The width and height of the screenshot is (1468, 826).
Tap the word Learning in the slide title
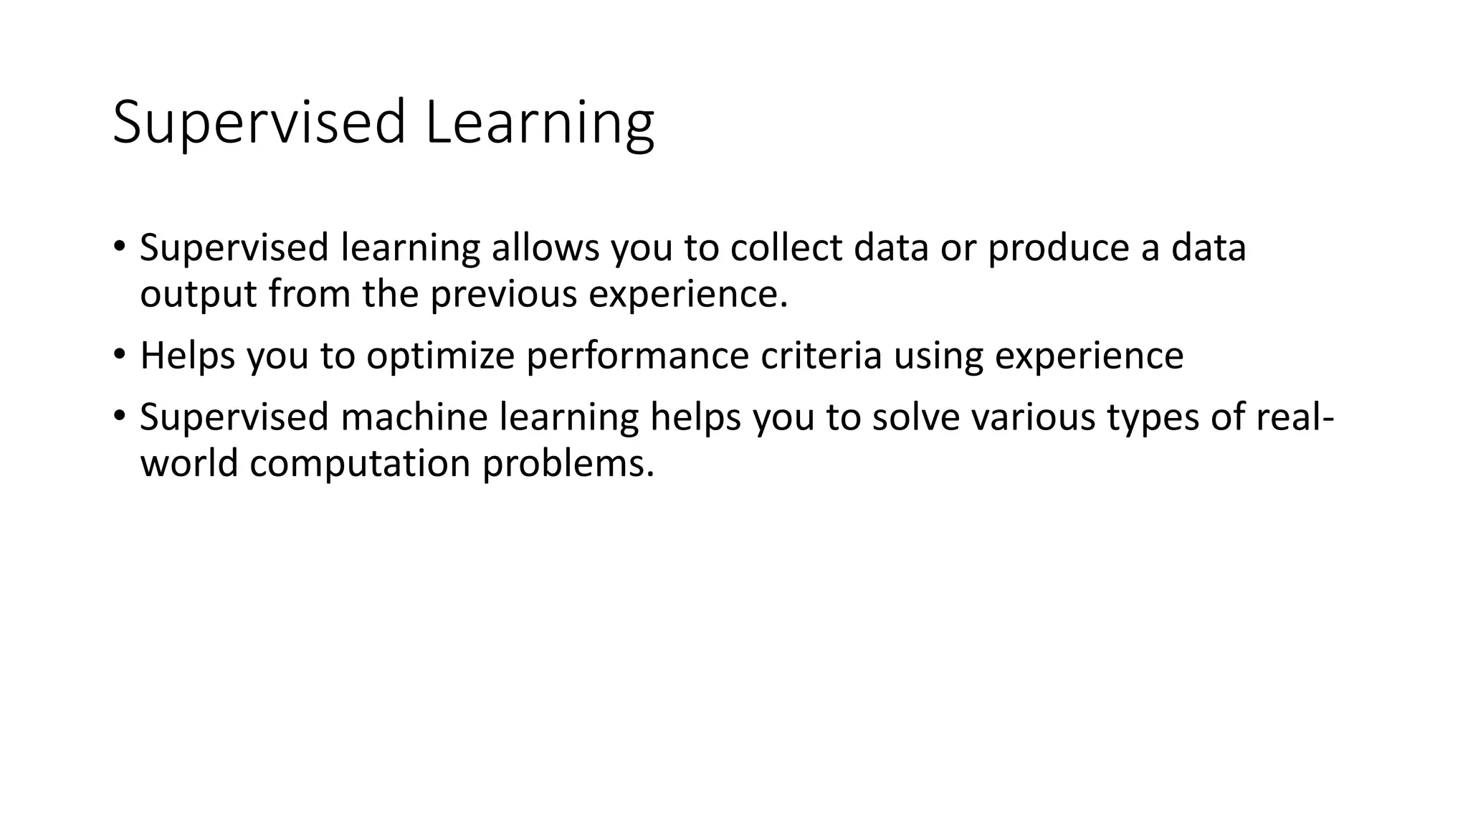pos(539,123)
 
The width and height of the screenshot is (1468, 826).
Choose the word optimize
pos(440,356)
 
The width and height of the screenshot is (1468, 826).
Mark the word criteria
pos(821,356)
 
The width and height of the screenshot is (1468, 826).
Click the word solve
pos(915,417)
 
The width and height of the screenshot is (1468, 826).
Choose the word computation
pos(360,464)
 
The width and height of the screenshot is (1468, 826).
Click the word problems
pos(568,464)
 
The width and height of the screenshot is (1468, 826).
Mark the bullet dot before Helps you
pos(119,353)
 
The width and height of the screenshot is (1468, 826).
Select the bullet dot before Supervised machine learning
pos(119,414)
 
